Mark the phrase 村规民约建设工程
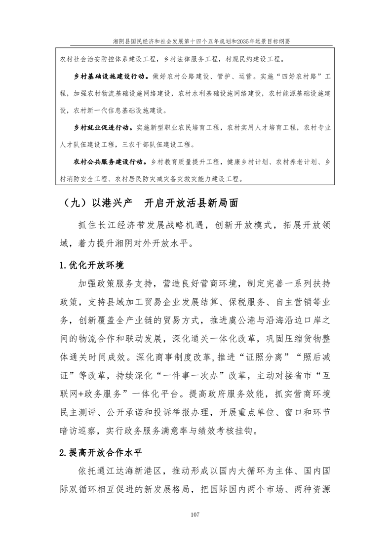click(258, 60)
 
